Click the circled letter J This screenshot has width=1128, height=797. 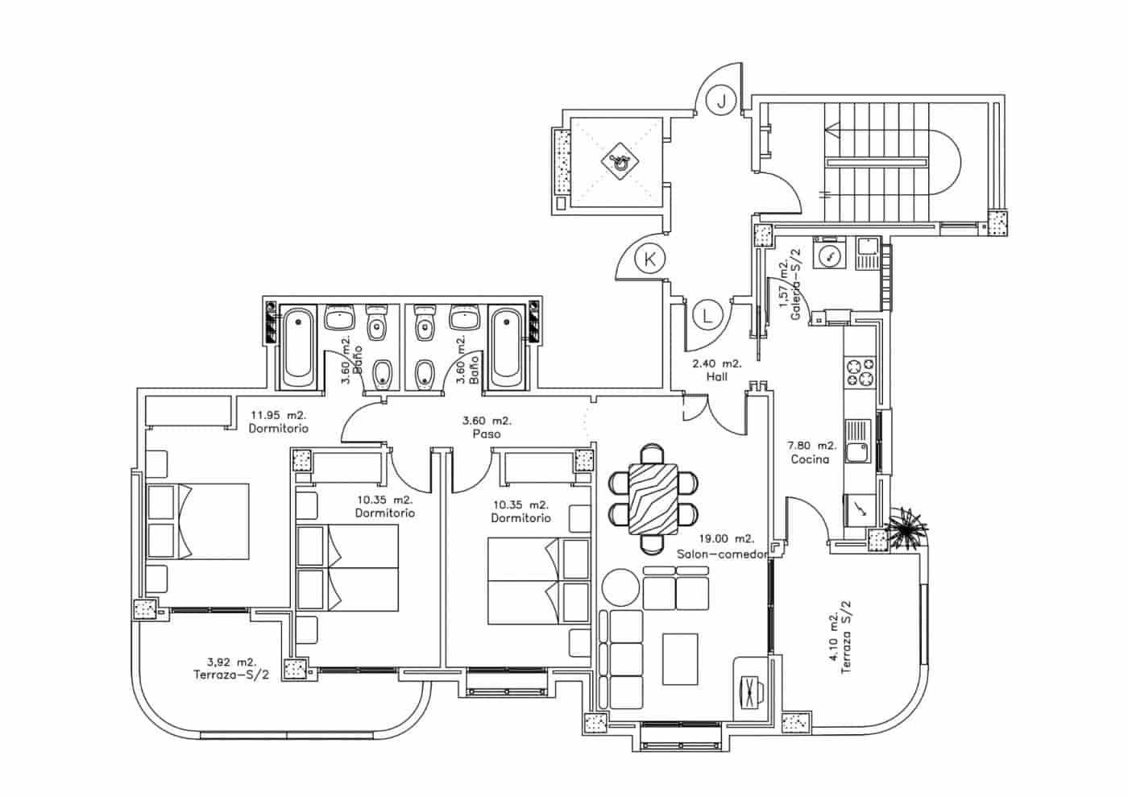tap(722, 101)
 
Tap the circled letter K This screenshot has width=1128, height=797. tap(649, 259)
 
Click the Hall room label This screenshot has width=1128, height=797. tap(717, 376)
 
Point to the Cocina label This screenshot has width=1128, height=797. tap(810, 459)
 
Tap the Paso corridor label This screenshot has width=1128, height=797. tap(487, 434)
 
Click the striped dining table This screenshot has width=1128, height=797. tap(653, 499)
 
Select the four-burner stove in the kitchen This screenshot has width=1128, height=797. tap(859, 373)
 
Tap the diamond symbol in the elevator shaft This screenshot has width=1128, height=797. tap(619, 160)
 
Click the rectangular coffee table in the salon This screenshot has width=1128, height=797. tap(680, 658)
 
